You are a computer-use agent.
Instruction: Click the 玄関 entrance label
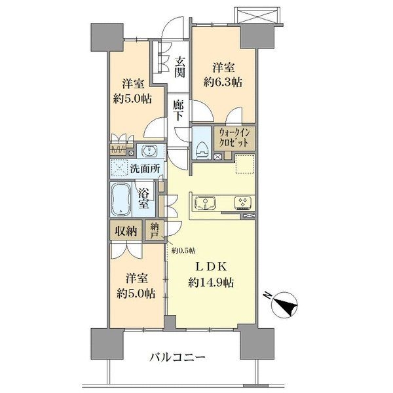[x=180, y=67]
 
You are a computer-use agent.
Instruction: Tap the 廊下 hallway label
[x=178, y=111]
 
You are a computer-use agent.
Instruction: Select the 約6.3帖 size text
[x=223, y=83]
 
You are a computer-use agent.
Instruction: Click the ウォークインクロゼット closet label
[x=234, y=138]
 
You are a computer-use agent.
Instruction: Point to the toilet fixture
[x=202, y=149]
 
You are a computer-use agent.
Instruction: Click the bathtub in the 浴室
[x=121, y=199]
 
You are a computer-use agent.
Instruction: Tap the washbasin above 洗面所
[x=149, y=151]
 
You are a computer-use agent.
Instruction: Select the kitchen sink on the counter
[x=206, y=202]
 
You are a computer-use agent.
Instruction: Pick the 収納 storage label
[x=126, y=231]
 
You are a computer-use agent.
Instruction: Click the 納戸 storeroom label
[x=155, y=231]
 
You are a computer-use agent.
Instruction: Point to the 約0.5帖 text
[x=183, y=250]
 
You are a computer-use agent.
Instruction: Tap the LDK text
[x=211, y=267]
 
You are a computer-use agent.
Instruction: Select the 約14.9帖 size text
[x=211, y=283]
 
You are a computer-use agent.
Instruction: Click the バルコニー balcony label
[x=178, y=357]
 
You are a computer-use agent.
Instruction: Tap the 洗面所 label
[x=145, y=169]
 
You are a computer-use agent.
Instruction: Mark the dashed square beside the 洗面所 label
[x=120, y=168]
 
